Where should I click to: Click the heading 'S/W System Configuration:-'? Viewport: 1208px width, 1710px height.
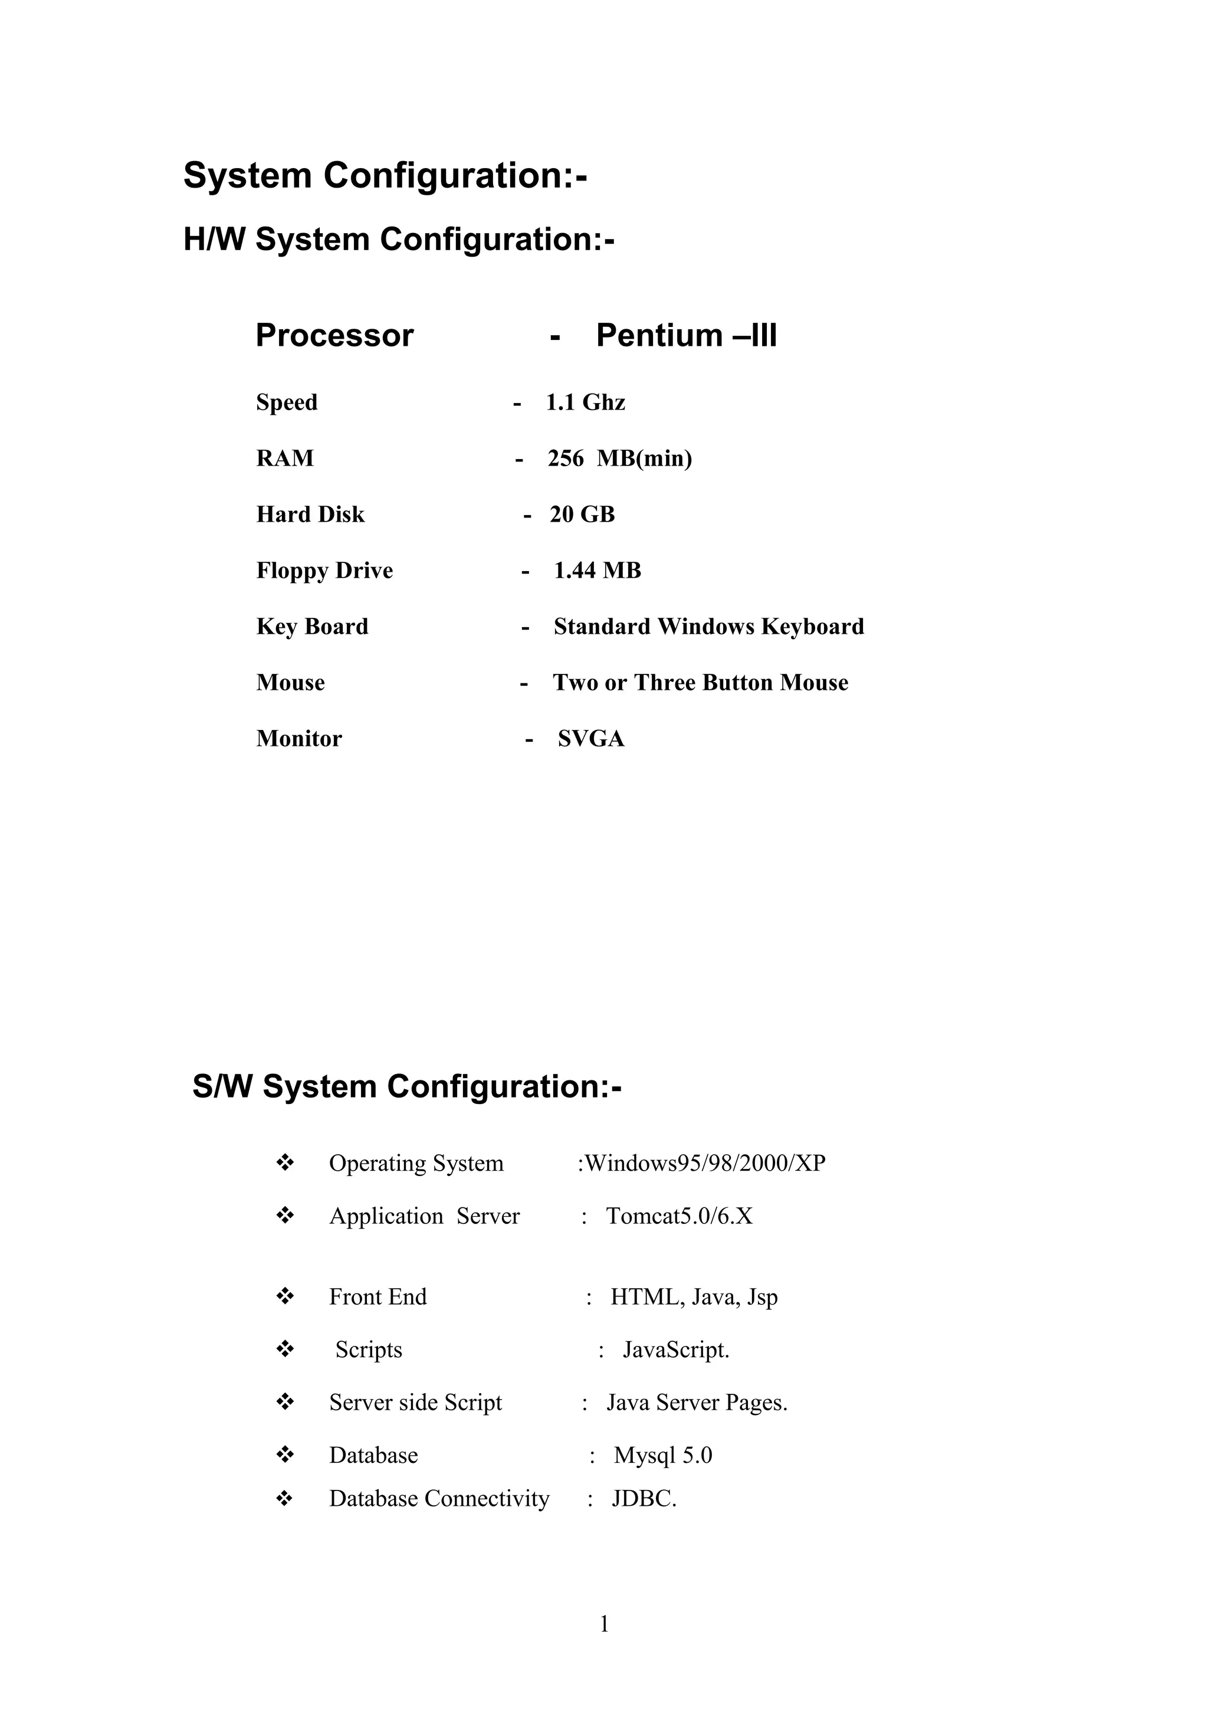point(407,1087)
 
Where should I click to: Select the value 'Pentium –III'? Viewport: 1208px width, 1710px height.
point(686,335)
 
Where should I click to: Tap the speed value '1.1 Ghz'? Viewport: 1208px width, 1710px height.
point(585,402)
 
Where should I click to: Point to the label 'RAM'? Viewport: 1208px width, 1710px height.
point(285,458)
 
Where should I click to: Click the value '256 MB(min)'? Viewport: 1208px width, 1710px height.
point(619,458)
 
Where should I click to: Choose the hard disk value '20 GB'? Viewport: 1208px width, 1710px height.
point(582,515)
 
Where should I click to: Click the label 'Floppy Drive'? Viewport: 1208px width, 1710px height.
point(324,571)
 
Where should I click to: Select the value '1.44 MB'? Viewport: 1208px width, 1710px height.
point(597,571)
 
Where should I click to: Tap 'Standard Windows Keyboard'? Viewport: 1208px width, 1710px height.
point(708,627)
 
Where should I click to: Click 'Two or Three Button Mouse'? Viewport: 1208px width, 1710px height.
point(700,683)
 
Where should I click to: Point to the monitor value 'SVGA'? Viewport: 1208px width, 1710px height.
point(591,739)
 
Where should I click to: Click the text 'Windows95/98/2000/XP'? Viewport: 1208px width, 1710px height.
point(704,1164)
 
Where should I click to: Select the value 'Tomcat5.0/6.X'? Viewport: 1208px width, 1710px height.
point(679,1216)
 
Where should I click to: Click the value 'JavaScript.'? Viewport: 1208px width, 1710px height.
point(676,1349)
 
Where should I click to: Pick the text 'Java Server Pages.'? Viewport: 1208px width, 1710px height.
point(697,1403)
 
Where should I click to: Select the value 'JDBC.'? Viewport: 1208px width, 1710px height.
point(644,1499)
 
